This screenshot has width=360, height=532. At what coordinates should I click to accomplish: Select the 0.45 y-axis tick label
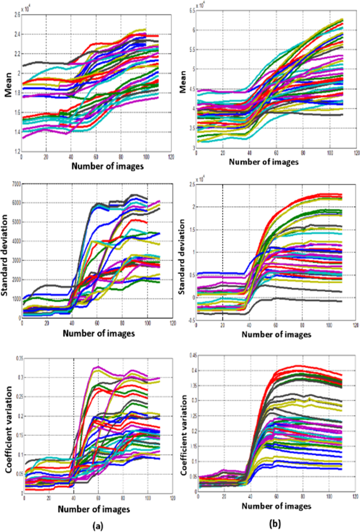190,355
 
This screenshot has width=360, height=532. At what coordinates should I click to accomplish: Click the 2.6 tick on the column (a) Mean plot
16,15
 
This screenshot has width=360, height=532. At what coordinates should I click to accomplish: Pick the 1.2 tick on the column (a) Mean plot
16,151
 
